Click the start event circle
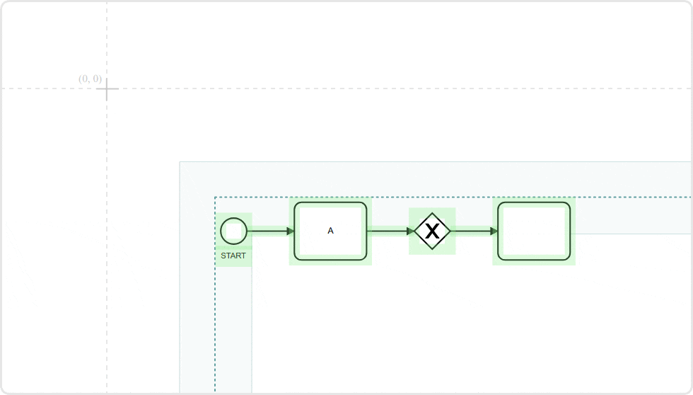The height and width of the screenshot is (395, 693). coord(233,231)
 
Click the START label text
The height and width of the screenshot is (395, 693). coord(233,256)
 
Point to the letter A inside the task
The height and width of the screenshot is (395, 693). coord(330,231)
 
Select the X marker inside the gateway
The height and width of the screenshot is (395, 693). coord(432,231)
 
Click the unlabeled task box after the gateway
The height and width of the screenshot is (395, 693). coord(534,231)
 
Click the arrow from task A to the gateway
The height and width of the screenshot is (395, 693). coord(388,231)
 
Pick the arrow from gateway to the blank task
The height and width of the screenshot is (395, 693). coord(470,231)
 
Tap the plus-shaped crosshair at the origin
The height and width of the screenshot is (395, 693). coord(107,89)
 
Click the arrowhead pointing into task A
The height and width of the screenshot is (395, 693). coord(291,231)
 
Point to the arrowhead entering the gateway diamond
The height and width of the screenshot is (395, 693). coord(411,231)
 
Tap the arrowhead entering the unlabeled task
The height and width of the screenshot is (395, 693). coord(494,231)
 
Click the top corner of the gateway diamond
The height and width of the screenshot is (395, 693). coord(432,212)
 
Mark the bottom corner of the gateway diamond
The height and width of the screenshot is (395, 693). coord(432,249)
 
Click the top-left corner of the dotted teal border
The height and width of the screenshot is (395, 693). coord(215,197)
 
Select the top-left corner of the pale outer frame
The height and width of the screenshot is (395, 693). coord(180,162)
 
